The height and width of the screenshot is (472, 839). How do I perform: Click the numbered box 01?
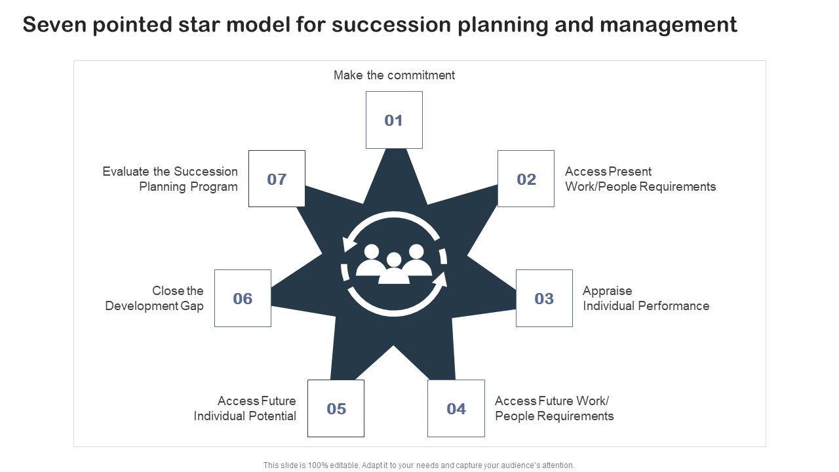click(393, 120)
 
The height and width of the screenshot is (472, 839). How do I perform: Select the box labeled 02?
click(526, 179)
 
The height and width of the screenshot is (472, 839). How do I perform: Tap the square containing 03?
click(544, 298)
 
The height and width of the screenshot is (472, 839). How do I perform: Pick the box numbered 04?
click(456, 408)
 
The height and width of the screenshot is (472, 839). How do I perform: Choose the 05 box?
click(336, 408)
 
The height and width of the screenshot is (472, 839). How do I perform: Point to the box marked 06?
click(243, 298)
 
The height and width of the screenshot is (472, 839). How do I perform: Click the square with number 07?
click(277, 179)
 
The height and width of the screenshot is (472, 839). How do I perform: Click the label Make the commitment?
click(394, 75)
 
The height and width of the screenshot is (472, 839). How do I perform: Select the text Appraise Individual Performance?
click(646, 298)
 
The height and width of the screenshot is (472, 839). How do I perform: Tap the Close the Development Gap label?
click(155, 298)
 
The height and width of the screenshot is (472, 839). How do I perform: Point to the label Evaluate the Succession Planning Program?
click(170, 179)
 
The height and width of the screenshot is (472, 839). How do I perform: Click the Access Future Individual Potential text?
click(245, 408)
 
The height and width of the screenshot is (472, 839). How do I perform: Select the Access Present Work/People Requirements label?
click(640, 179)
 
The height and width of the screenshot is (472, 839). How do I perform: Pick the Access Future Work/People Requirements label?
click(554, 408)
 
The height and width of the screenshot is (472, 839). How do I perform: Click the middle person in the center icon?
click(394, 269)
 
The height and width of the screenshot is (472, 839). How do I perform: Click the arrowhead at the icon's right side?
click(440, 281)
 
